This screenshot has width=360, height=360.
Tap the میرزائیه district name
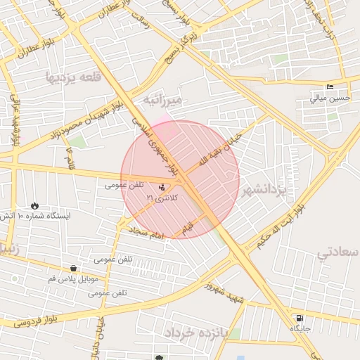tap(162, 101)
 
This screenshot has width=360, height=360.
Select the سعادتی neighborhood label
tap(337, 251)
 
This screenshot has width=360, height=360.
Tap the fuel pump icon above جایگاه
tap(300, 318)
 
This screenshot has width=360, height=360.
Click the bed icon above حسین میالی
tap(330, 87)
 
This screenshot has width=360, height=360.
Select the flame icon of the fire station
tap(35, 205)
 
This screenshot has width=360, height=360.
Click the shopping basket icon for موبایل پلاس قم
tap(73, 268)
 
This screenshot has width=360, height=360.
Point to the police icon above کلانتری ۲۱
tap(162, 187)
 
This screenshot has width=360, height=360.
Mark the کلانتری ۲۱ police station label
tap(162, 198)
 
